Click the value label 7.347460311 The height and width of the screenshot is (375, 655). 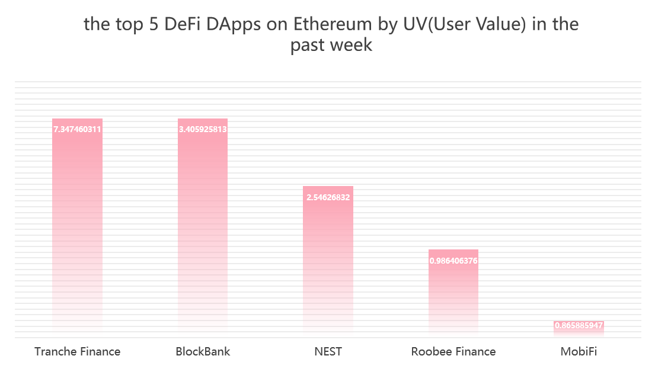point(77,129)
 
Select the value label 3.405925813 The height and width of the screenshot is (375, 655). point(203,129)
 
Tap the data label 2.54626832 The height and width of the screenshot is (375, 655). point(328,197)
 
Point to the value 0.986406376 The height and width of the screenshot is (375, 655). point(453,261)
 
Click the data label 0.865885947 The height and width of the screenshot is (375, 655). point(579,326)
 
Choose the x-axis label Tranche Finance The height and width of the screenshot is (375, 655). point(77,351)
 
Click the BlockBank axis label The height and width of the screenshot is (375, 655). point(203,351)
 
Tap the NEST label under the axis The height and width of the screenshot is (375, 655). point(328,351)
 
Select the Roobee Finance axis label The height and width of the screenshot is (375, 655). point(453,351)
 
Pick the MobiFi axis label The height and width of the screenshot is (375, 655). point(579,351)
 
